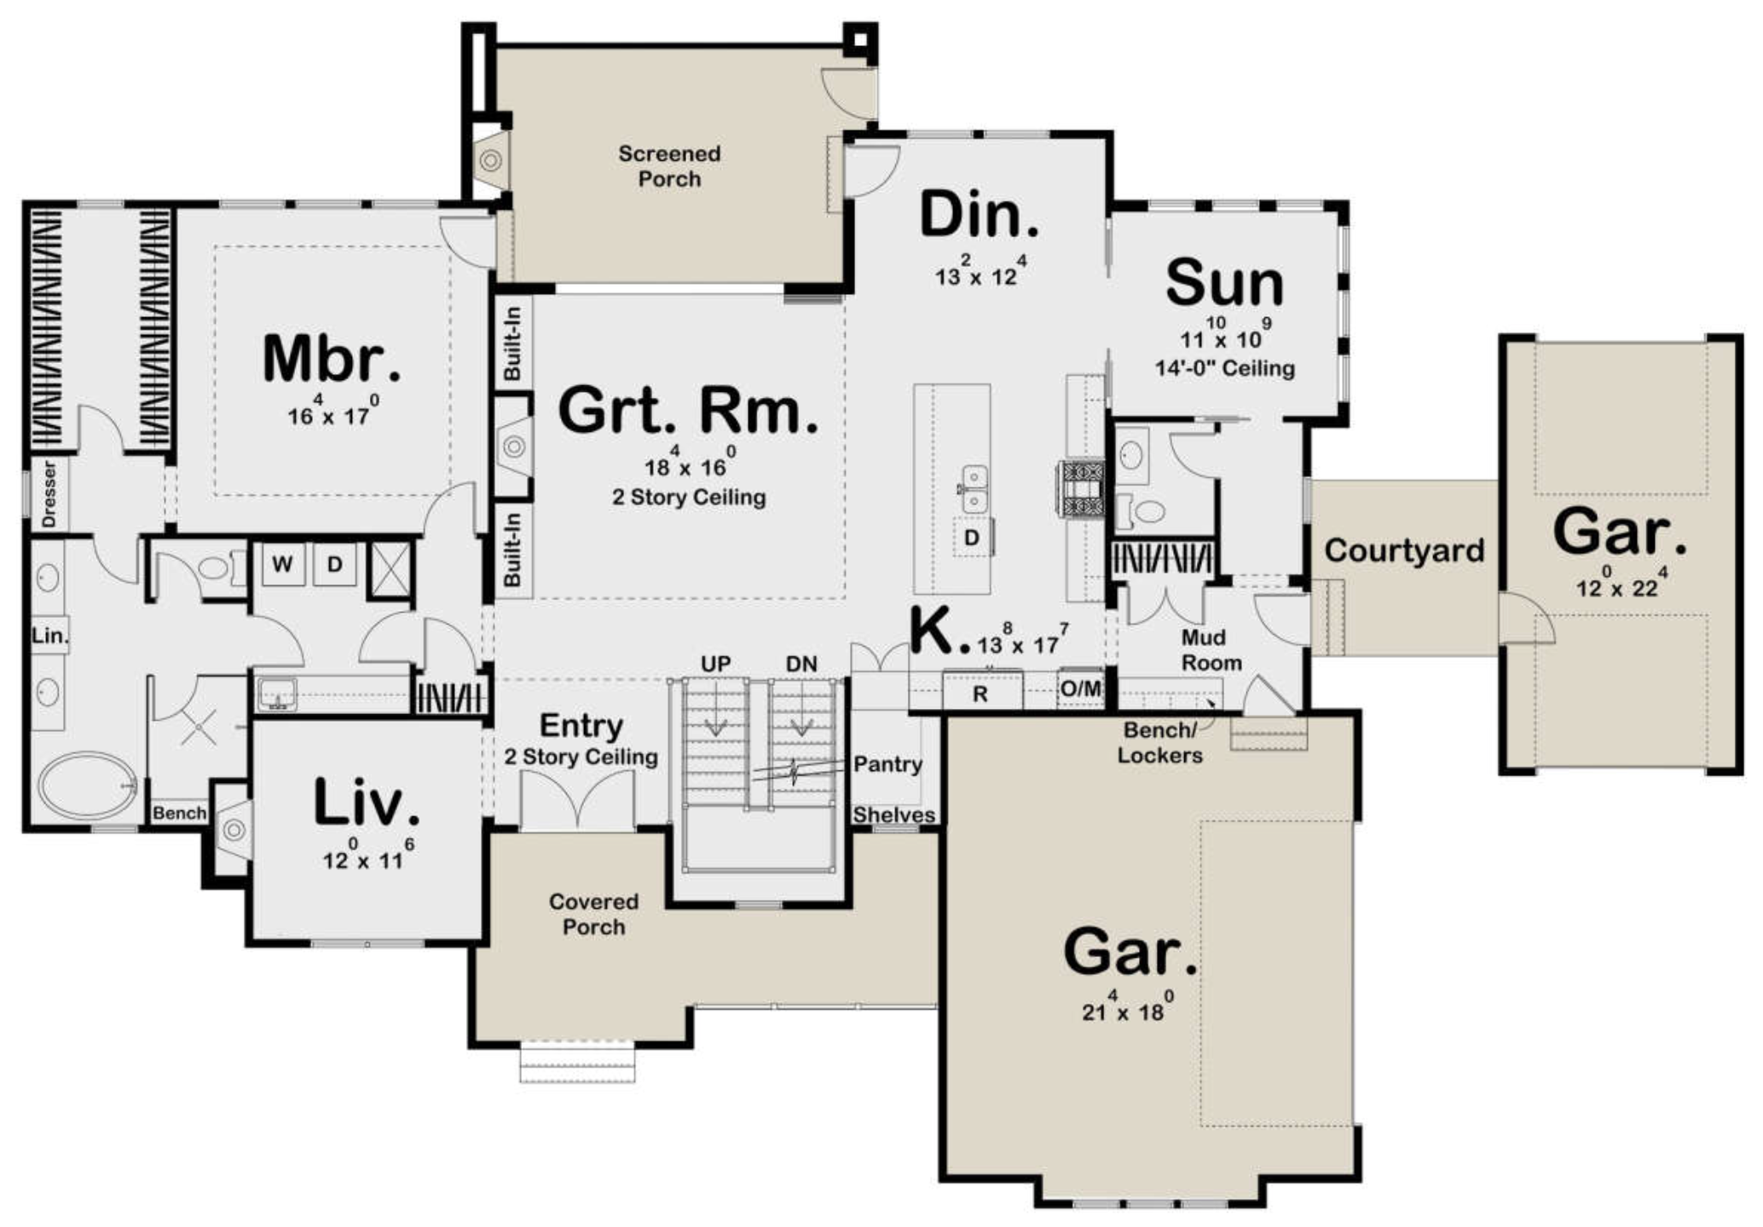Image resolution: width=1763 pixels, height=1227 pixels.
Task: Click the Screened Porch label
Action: pyautogui.click(x=669, y=166)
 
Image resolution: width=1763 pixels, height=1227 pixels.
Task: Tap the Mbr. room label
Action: pyautogui.click(x=332, y=359)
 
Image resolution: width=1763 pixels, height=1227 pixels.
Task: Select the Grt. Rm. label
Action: pyautogui.click(x=688, y=411)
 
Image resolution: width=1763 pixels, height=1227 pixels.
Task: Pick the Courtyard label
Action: pyautogui.click(x=1404, y=550)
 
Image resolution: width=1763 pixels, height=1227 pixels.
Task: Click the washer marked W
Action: pyautogui.click(x=282, y=564)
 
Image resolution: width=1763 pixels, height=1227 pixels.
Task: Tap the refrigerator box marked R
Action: pyautogui.click(x=980, y=693)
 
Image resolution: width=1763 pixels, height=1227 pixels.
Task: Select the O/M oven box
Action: pyautogui.click(x=1080, y=688)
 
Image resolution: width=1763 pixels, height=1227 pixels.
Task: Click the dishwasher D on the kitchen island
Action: pyautogui.click(x=971, y=538)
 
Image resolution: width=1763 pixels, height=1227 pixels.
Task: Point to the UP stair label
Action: pyautogui.click(x=716, y=664)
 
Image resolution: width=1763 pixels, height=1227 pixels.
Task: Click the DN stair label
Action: pyautogui.click(x=801, y=664)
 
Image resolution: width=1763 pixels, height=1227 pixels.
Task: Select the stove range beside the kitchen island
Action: pyautogui.click(x=1082, y=489)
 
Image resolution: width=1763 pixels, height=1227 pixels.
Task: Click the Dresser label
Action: pyautogui.click(x=49, y=494)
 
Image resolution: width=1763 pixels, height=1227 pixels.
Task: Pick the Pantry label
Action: pyautogui.click(x=887, y=764)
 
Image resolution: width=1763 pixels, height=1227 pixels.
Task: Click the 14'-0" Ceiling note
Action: pyautogui.click(x=1225, y=368)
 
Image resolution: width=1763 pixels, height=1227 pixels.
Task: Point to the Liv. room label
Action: pyautogui.click(x=367, y=803)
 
